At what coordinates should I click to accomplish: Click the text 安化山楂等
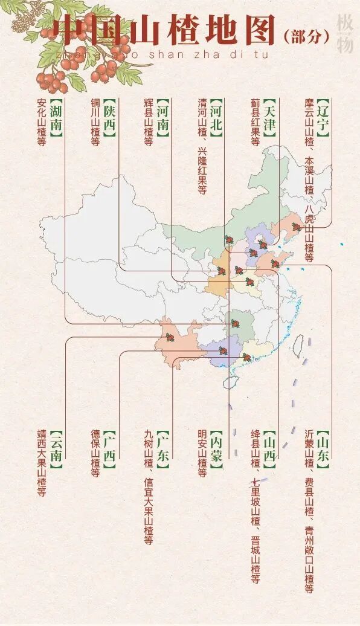click(x=42, y=123)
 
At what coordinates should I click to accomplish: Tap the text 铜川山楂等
click(x=95, y=123)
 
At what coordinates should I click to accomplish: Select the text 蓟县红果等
click(x=255, y=123)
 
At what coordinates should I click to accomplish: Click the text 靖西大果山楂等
click(x=42, y=463)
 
